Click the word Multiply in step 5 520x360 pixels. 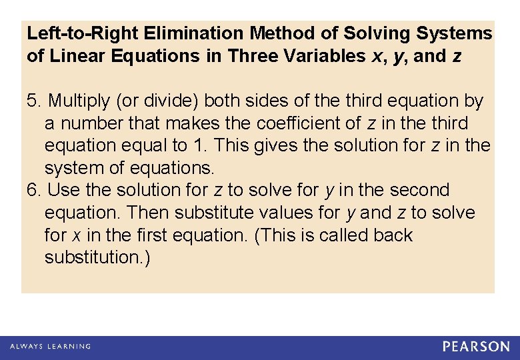tap(77, 101)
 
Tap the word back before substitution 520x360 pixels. tap(393, 235)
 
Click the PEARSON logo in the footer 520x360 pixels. tap(476, 347)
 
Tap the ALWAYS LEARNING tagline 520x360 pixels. tap(50, 347)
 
